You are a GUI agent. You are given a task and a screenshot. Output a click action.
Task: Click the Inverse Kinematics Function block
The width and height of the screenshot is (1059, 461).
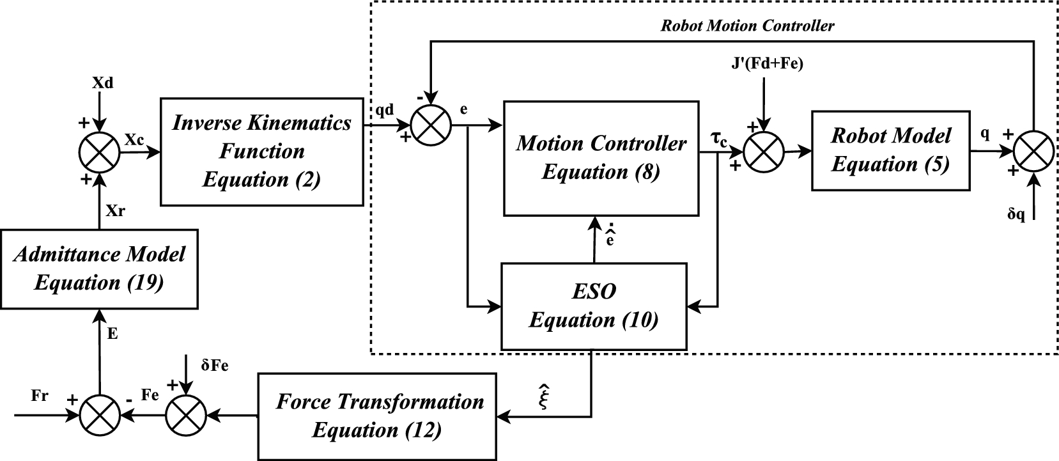click(261, 152)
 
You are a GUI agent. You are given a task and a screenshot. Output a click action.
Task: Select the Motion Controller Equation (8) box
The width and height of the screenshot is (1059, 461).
click(600, 157)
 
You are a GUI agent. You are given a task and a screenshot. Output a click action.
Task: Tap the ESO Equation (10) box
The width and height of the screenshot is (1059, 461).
click(594, 306)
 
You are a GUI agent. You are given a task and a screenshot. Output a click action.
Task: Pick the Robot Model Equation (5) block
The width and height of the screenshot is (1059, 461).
click(890, 150)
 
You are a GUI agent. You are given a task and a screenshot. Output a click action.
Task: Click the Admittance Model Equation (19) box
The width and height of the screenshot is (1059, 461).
click(99, 268)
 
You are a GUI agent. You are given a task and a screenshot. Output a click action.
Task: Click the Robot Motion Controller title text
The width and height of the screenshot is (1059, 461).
click(747, 26)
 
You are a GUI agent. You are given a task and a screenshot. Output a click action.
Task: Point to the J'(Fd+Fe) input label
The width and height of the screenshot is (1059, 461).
click(766, 64)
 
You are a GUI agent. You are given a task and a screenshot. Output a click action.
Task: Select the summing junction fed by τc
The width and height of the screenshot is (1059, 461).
click(764, 153)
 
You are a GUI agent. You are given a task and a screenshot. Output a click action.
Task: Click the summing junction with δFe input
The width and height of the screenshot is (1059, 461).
click(185, 416)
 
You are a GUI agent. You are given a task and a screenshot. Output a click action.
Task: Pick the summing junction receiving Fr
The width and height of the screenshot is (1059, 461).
click(99, 416)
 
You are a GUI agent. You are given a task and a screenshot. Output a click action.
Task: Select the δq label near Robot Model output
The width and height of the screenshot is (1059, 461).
click(1016, 215)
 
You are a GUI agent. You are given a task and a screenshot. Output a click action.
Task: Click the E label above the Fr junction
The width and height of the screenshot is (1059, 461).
click(112, 334)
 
